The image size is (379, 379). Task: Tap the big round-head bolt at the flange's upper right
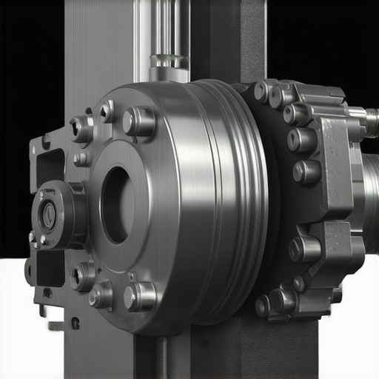[139, 121]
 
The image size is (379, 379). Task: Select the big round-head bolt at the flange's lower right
[139, 297]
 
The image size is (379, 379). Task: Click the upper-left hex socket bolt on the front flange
[81, 130]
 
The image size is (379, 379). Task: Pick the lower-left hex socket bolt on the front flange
[81, 276]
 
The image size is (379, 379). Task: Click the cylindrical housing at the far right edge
[370, 192]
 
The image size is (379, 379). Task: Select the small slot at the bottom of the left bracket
[75, 323]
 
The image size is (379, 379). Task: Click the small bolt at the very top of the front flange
[107, 111]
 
